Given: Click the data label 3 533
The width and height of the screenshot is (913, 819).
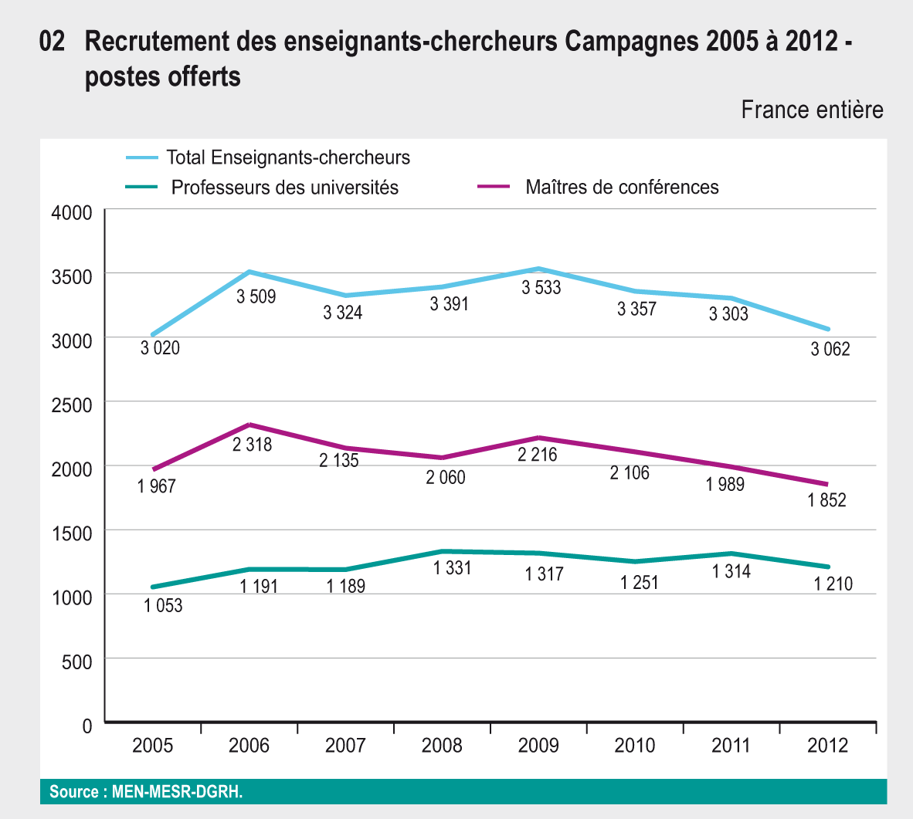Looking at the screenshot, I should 541,288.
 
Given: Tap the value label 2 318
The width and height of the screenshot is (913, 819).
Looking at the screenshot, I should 253,445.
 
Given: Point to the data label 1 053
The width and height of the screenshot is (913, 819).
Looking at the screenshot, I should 163,606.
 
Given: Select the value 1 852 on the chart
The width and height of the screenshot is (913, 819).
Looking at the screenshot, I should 826,500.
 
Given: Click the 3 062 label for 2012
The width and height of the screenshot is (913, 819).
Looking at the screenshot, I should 830,349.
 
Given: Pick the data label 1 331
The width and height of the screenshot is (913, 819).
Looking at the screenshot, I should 452,569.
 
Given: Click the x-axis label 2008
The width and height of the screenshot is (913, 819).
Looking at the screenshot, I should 442,746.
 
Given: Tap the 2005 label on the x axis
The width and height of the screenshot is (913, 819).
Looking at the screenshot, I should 152,746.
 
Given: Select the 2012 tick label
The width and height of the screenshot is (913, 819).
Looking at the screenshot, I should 827,746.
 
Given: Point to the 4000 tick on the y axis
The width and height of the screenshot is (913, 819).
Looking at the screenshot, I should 72,212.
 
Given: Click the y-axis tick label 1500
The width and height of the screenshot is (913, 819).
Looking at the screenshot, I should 72,533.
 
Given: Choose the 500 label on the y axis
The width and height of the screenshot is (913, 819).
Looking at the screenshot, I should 77,662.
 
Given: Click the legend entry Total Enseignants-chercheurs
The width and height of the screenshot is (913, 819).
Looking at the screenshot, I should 288,158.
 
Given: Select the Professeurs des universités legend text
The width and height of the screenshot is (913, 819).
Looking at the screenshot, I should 284,188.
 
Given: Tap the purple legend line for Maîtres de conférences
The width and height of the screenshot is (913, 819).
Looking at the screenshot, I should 494,187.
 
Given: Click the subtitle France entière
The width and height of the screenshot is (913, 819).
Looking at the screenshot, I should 812,110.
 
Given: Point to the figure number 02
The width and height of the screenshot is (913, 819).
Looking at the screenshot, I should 52,42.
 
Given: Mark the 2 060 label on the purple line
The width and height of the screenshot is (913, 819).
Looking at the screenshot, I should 446,478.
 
